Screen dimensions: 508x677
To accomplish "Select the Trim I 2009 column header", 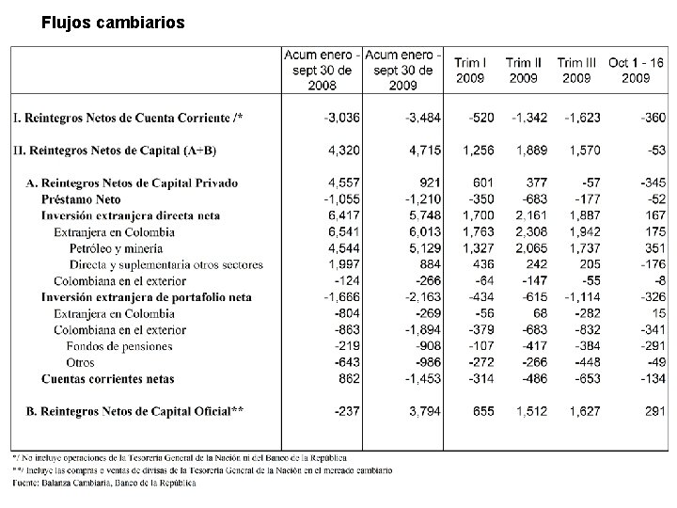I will (470, 70).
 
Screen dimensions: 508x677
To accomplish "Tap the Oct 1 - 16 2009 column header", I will (637, 70).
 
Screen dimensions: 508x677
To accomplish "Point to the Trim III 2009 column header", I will (577, 70).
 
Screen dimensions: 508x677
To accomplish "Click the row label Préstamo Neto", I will (82, 199).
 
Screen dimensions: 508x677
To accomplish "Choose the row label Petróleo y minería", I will (116, 248).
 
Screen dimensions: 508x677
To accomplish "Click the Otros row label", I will (81, 362).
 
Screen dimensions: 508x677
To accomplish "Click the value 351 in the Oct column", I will (652, 248).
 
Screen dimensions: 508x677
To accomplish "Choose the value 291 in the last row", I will (652, 410).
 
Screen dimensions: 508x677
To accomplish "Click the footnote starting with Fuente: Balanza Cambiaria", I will (104, 483).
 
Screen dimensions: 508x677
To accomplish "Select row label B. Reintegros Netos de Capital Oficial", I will (134, 410).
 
